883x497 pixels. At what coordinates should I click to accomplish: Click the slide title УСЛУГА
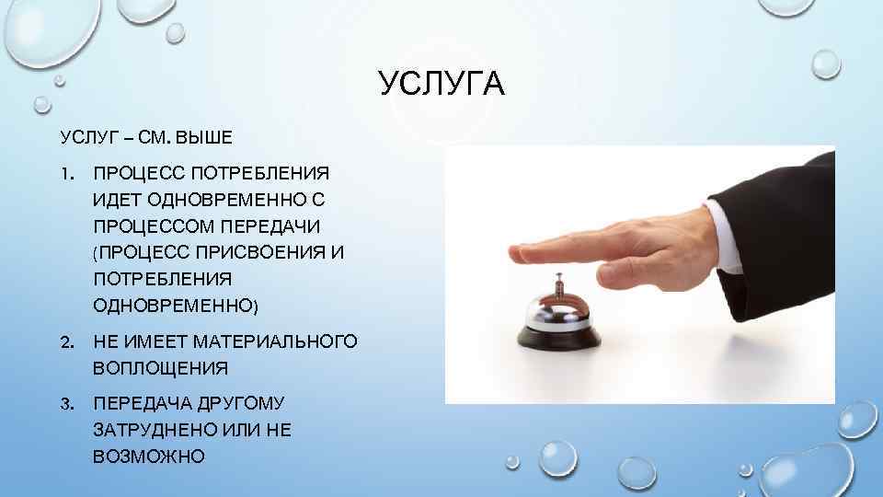coord(441,86)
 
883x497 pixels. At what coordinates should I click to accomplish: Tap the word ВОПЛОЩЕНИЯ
coord(159,368)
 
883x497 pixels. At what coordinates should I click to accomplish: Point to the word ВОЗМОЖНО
coord(149,456)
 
